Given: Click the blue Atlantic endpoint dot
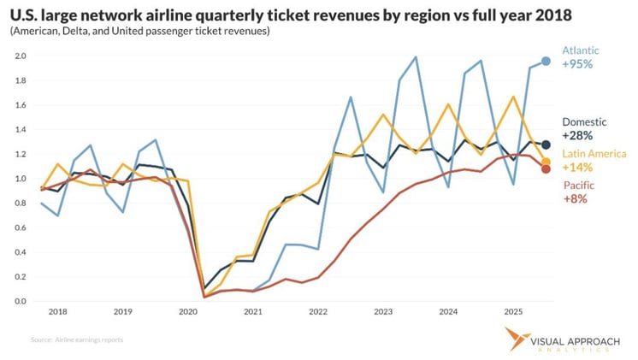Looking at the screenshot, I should (546, 62).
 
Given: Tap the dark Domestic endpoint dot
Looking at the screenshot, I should (546, 145).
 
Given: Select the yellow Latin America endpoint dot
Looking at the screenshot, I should (546, 162).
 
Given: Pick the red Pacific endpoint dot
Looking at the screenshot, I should (546, 168).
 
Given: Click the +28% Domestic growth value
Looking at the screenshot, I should (576, 135).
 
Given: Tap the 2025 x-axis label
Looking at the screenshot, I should (514, 312).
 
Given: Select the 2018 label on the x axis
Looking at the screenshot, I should (58, 312).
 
